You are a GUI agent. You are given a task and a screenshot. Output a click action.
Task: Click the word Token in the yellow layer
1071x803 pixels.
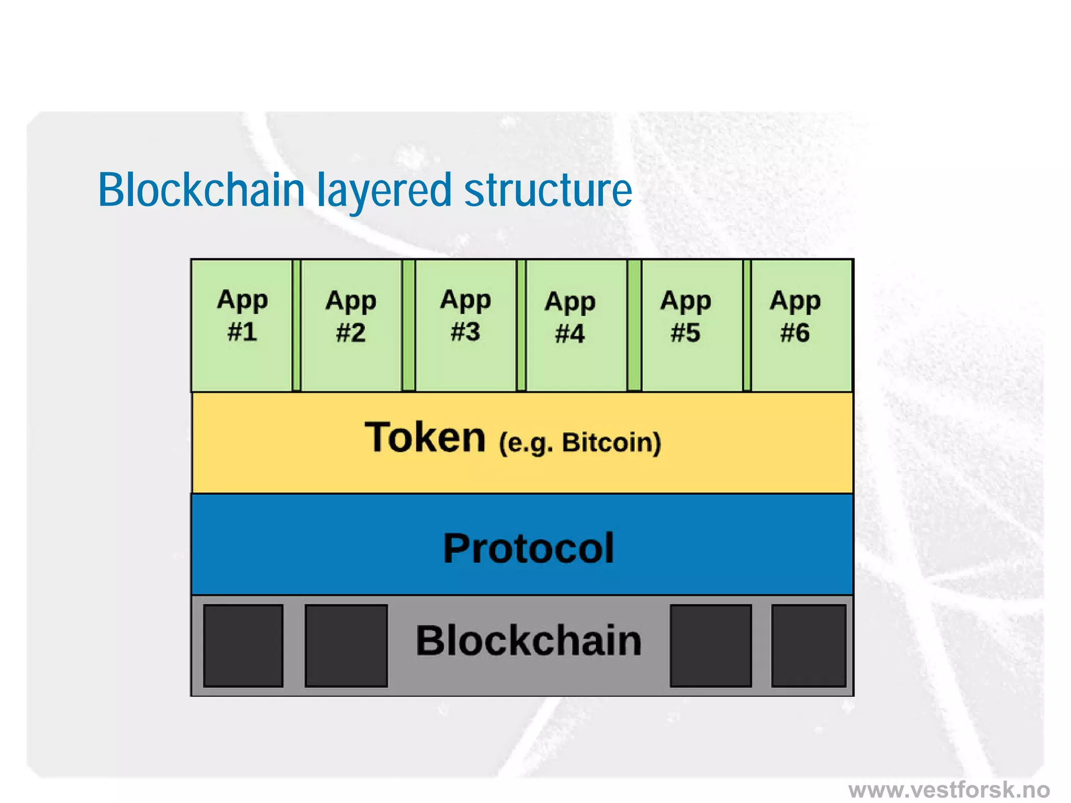425,438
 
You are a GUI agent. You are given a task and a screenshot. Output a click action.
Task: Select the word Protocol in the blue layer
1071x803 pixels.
528,548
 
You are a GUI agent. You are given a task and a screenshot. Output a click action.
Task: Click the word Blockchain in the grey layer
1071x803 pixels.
528,640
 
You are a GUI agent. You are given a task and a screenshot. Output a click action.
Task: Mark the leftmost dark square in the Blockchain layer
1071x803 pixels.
243,646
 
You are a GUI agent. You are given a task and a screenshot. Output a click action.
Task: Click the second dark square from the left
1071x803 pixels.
346,646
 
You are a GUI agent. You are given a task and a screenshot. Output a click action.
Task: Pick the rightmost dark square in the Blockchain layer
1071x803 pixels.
808,646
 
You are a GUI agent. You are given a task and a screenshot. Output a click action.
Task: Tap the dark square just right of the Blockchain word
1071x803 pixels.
711,646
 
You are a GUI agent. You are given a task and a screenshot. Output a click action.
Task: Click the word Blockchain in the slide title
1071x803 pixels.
201,189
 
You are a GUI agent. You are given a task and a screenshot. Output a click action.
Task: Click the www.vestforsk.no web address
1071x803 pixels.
949,789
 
